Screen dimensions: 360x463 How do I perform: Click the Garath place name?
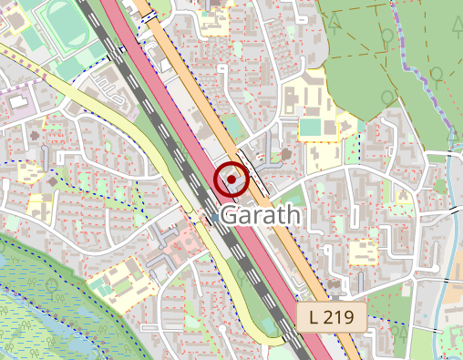click(x=260, y=216)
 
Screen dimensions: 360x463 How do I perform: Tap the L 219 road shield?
click(x=331, y=317)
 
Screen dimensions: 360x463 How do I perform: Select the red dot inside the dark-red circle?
click(x=231, y=180)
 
